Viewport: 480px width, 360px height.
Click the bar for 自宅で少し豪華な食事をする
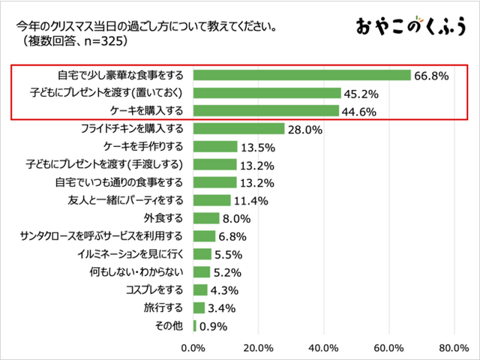tap(302, 75)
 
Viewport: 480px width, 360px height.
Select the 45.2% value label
tap(361, 94)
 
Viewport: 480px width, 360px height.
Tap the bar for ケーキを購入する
tap(266, 111)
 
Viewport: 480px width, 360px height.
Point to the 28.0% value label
tap(304, 130)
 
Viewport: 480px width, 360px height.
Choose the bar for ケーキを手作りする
tap(215, 146)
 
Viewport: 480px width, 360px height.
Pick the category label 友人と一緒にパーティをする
tap(125, 200)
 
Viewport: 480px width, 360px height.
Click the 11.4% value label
tap(250, 201)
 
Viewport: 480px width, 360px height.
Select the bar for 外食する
tap(206, 218)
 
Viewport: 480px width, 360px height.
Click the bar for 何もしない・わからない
tap(202, 271)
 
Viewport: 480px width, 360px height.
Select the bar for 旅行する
tap(199, 307)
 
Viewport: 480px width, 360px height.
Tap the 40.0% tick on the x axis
tap(323, 347)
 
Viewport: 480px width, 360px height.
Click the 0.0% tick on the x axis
tap(193, 347)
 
